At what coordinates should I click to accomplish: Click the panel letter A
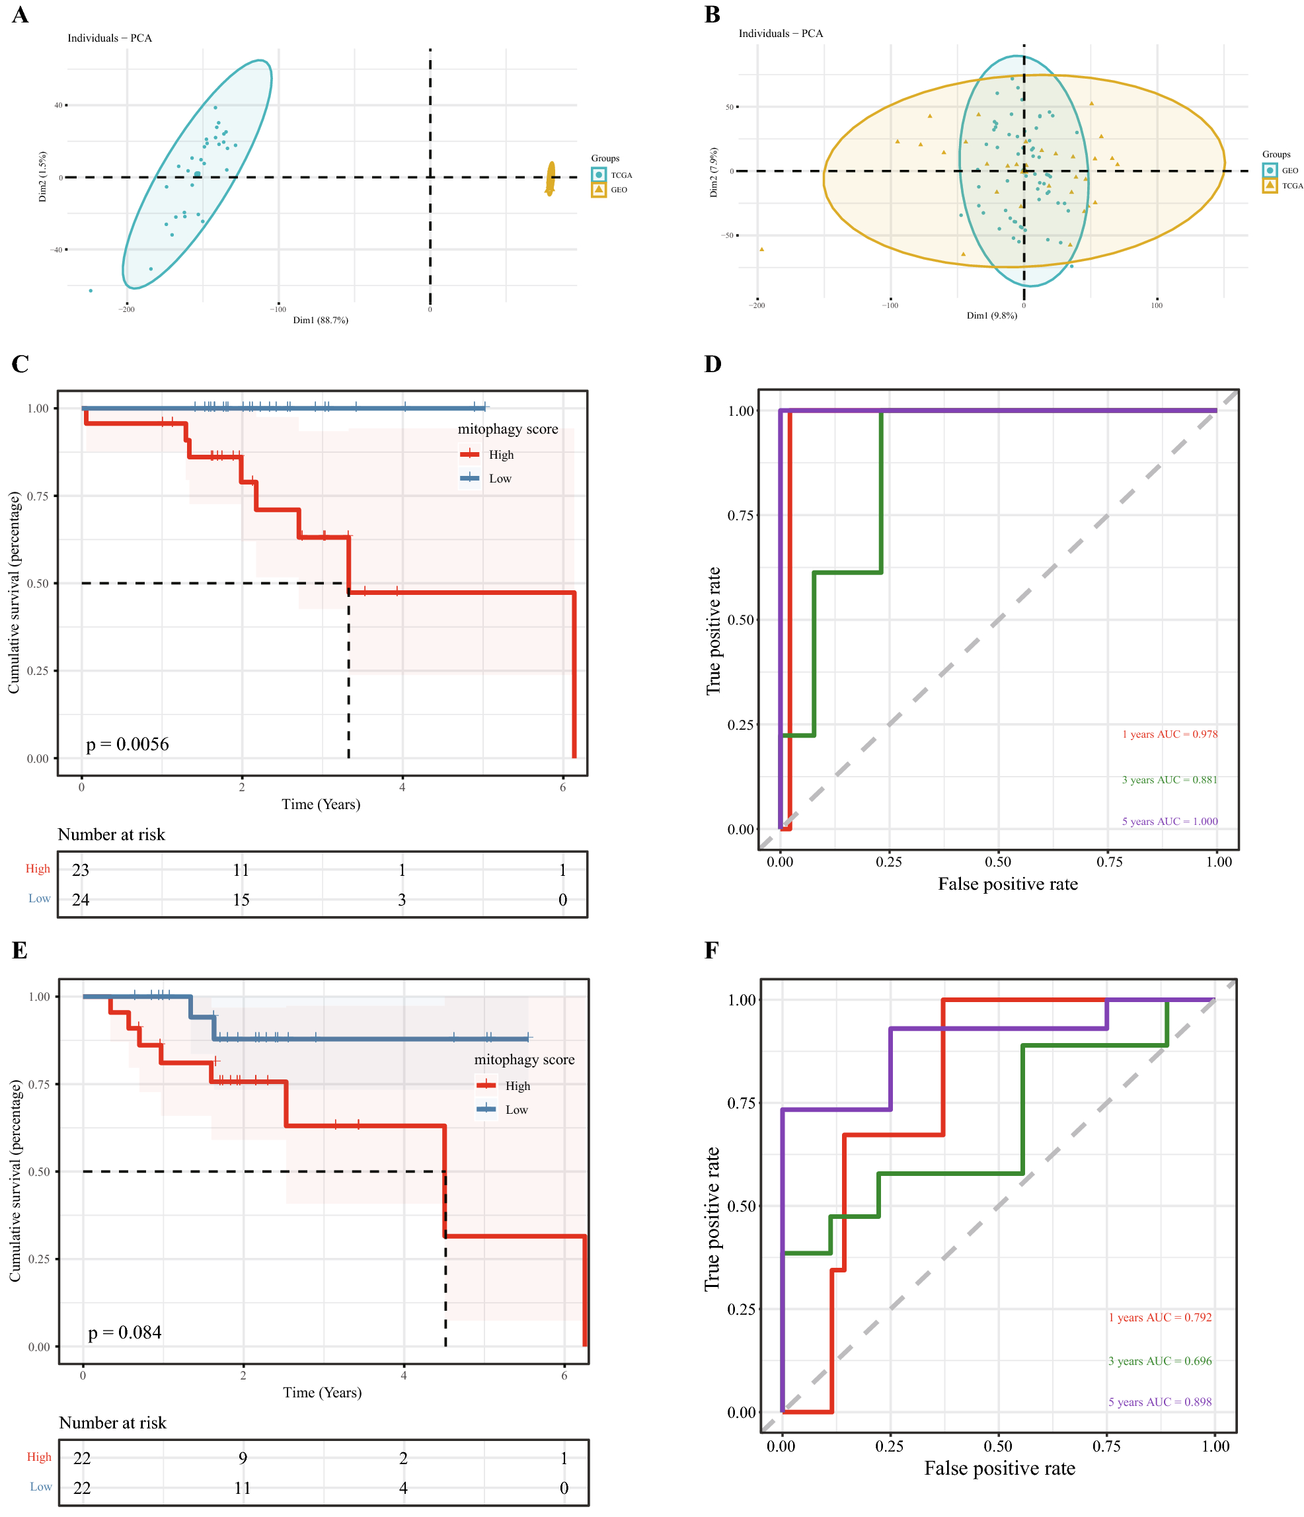coord(20,15)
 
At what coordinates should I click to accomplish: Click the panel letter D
coord(712,364)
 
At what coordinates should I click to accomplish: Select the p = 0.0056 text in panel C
coord(128,744)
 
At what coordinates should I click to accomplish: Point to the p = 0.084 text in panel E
coord(124,1333)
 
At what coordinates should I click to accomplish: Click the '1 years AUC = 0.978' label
coord(1169,734)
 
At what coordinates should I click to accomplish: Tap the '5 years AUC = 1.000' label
coord(1169,822)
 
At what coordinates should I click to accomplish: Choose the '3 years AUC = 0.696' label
coord(1160,1361)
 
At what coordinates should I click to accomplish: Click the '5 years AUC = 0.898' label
coord(1160,1402)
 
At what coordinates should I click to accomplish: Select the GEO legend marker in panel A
coord(599,190)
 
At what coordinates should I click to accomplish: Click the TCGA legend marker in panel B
coord(1270,185)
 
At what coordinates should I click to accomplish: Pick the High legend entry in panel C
coord(488,455)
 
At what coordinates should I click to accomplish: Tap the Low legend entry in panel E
coord(503,1110)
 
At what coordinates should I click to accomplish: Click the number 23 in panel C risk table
coord(81,870)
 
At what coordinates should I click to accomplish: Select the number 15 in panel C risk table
coord(241,900)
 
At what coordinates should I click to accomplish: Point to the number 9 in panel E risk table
coord(243,1458)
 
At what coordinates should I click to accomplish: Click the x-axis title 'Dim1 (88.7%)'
coord(321,320)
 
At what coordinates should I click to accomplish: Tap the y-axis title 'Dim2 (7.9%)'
coord(714,172)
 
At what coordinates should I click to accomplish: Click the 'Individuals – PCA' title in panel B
coord(781,34)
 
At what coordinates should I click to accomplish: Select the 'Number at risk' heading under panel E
coord(113,1422)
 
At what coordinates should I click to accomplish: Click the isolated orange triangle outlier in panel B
coord(761,250)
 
